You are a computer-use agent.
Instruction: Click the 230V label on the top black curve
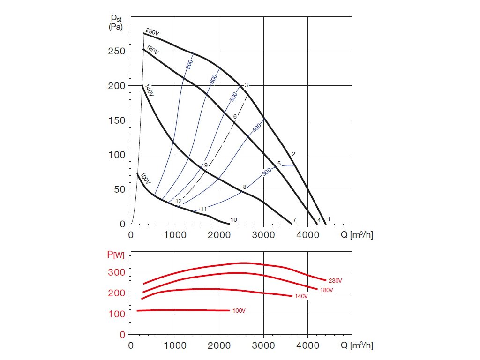click(x=153, y=32)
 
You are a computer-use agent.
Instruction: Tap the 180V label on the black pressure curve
click(x=152, y=49)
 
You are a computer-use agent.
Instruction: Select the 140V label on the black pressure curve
click(x=149, y=90)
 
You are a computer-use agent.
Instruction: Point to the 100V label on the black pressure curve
click(x=145, y=179)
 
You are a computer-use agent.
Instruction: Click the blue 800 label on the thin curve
click(x=189, y=65)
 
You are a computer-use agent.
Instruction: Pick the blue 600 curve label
click(x=214, y=79)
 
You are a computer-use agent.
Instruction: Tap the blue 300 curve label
click(x=267, y=172)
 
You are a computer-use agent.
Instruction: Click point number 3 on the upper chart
click(x=246, y=85)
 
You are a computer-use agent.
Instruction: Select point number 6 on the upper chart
click(x=235, y=116)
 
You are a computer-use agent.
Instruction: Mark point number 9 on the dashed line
click(x=206, y=165)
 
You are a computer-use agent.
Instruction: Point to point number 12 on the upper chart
click(x=179, y=201)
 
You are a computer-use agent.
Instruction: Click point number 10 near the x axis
click(x=234, y=219)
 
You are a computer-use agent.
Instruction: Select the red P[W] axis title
click(x=115, y=255)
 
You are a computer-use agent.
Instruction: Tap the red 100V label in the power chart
click(x=239, y=311)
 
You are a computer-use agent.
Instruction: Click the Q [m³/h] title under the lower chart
click(x=357, y=346)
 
